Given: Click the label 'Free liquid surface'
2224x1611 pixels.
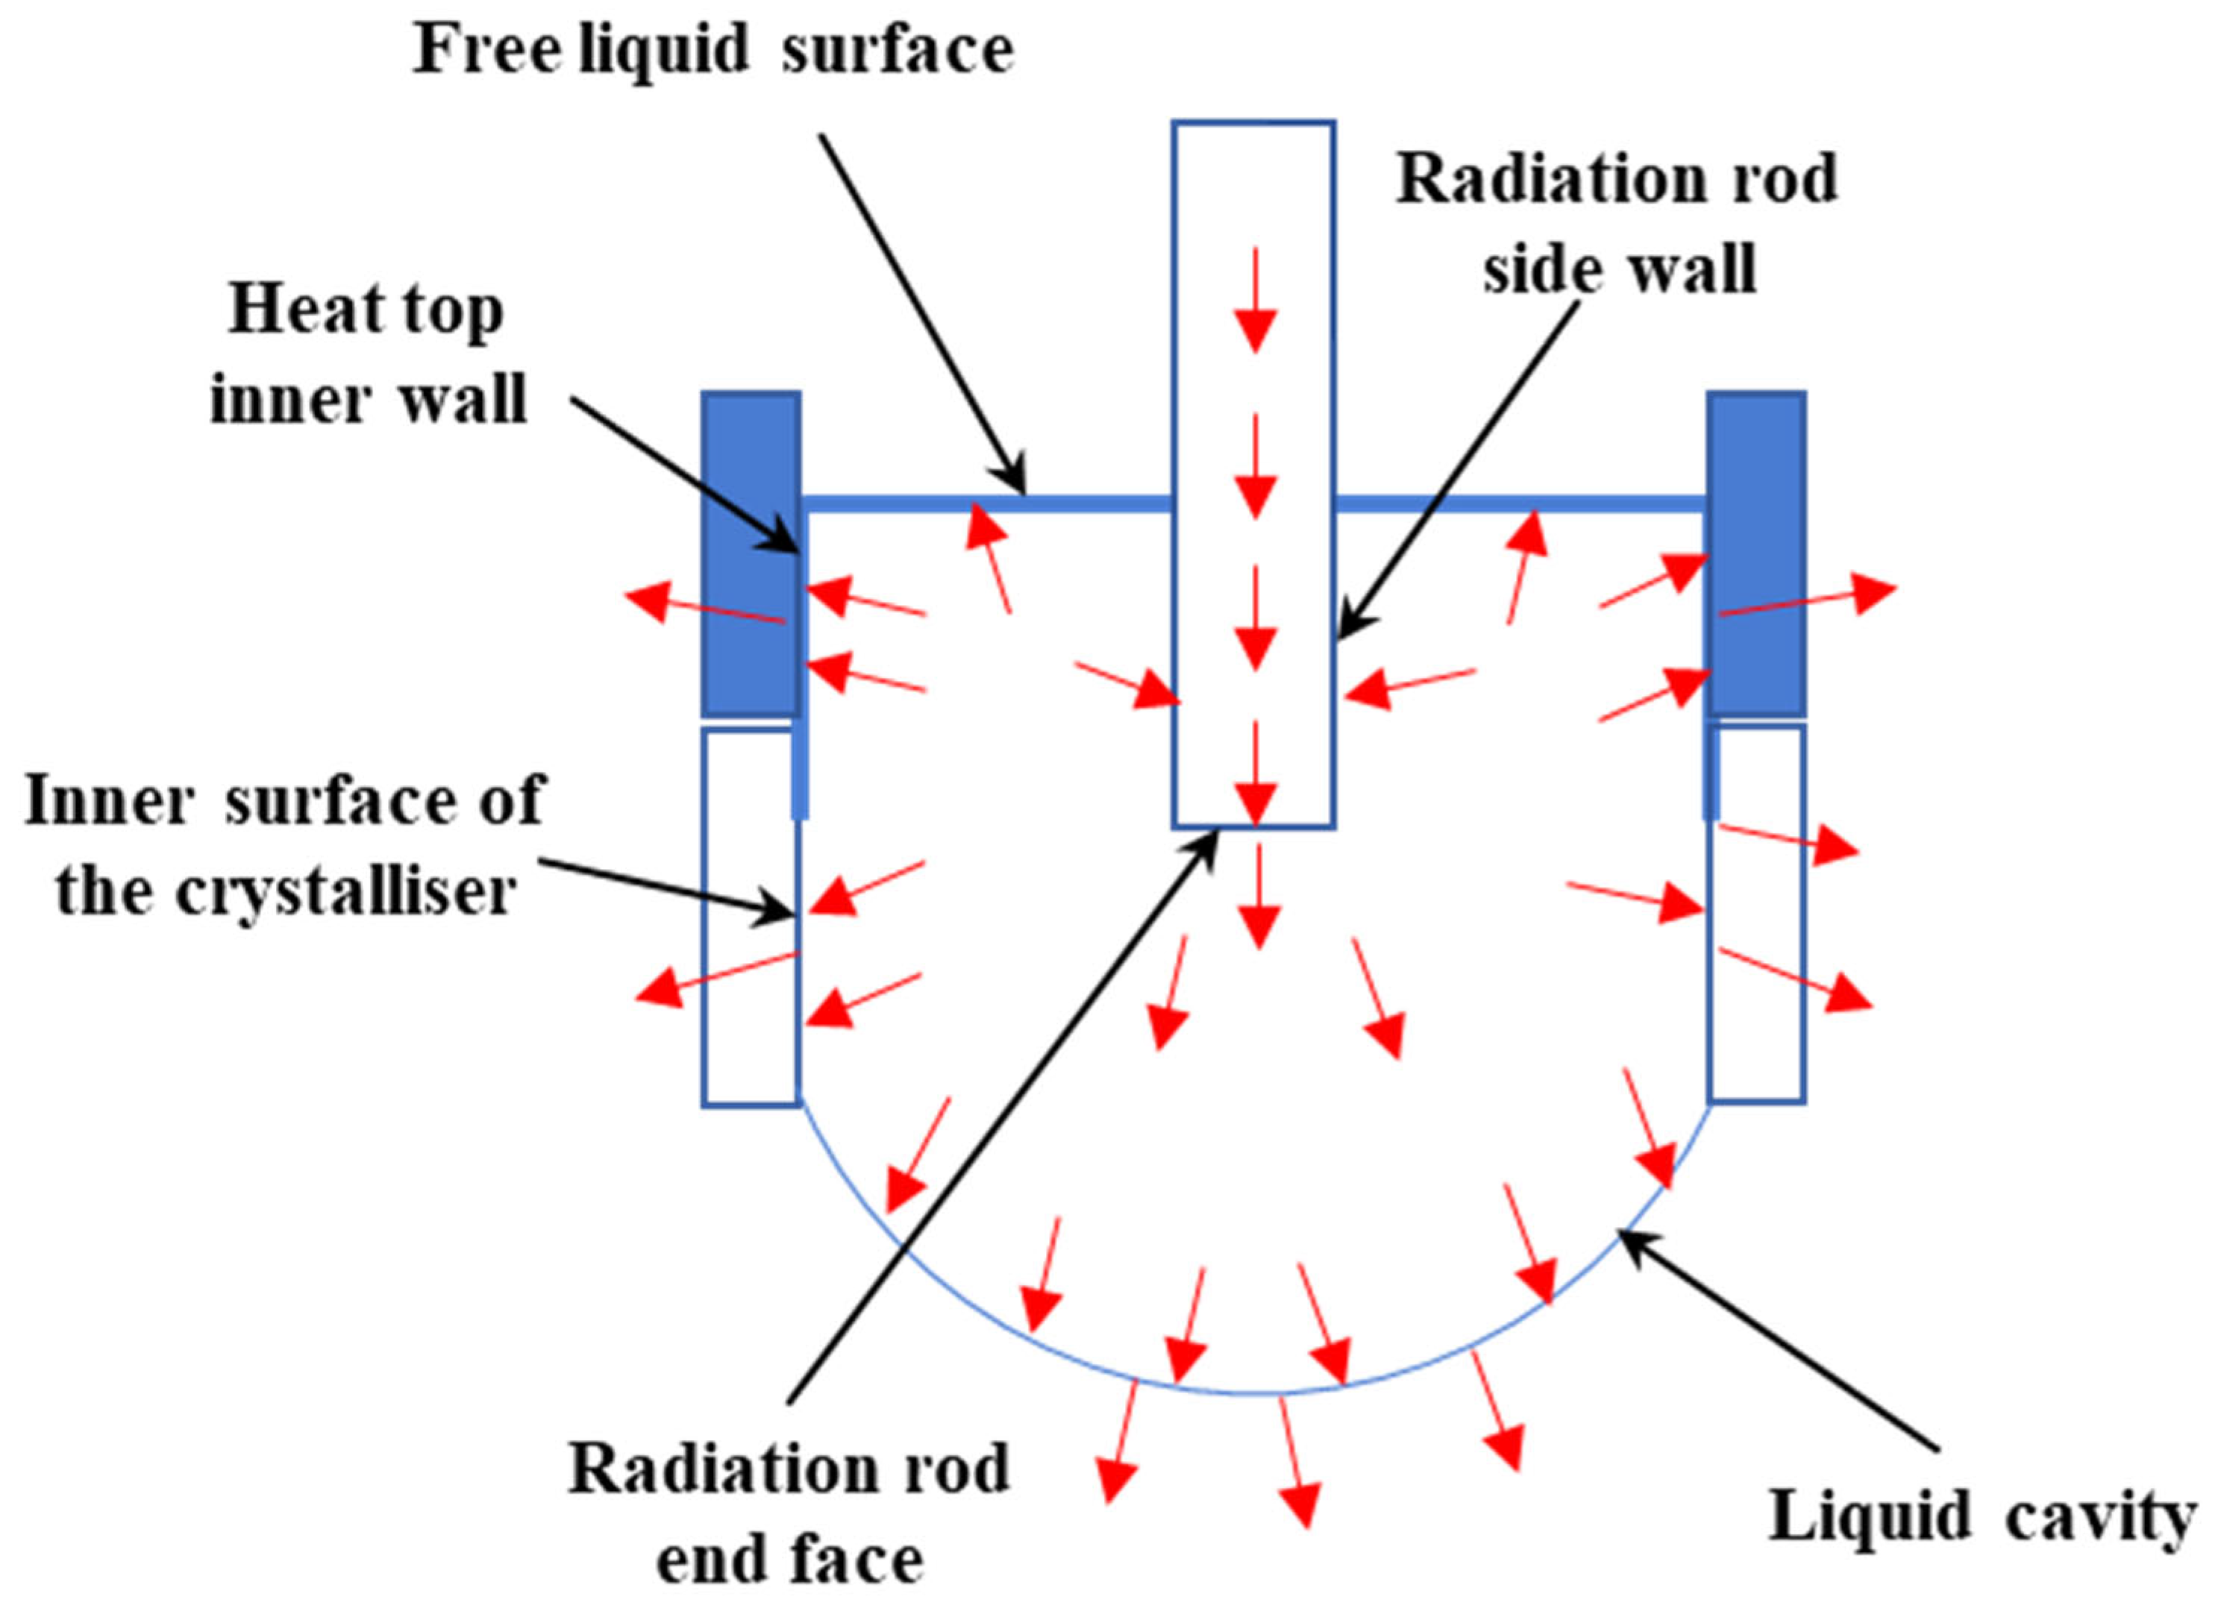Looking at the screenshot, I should pos(713,49).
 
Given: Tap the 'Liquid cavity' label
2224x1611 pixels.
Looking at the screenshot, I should pos(1981,1518).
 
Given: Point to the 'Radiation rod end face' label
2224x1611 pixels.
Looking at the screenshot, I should pos(789,1515).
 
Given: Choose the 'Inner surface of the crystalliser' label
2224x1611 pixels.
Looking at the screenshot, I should pos(284,845).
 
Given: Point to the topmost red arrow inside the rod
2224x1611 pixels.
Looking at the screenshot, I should pos(1254,299).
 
